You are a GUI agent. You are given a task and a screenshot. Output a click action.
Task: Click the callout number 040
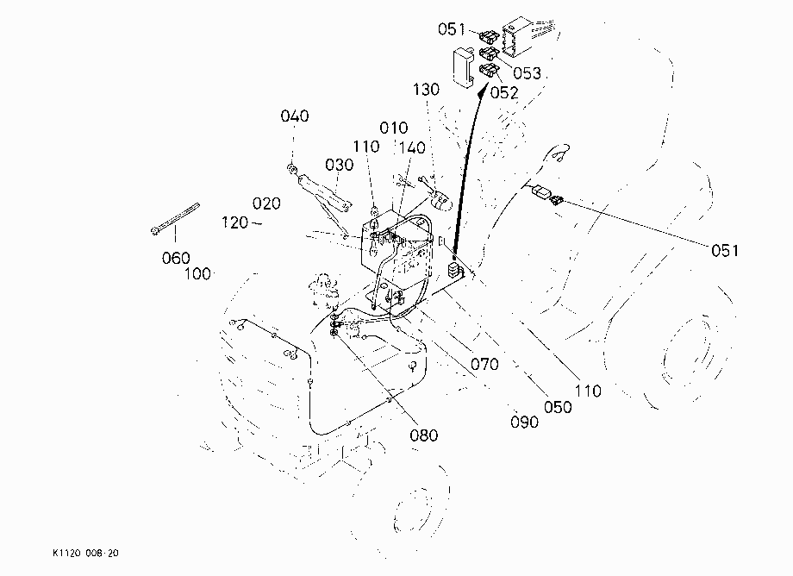(294, 116)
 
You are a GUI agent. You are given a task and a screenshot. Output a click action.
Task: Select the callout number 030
(339, 165)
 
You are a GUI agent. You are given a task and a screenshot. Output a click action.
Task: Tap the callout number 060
(176, 258)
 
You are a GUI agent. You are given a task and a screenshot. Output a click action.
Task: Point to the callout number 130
(426, 90)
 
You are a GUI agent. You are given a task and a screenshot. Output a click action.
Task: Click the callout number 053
(527, 73)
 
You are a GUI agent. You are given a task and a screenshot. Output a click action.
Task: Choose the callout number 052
(504, 93)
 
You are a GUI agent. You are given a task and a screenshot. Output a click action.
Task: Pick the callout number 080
(424, 435)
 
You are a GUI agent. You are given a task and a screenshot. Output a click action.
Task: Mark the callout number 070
(484, 364)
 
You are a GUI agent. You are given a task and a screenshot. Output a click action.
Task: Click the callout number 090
(524, 423)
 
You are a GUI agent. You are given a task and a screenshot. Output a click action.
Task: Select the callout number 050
(558, 407)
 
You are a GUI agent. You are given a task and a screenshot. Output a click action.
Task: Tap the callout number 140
(412, 148)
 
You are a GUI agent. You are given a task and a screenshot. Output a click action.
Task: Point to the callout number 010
(393, 128)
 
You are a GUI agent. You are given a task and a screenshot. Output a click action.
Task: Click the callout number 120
(235, 222)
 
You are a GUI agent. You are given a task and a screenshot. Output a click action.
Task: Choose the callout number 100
(197, 274)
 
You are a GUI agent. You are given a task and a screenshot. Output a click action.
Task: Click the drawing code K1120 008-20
(85, 554)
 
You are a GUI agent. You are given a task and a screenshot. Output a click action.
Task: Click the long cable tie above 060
(175, 218)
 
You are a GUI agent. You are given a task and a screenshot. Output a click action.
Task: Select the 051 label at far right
(725, 251)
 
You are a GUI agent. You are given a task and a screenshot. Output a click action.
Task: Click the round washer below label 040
(292, 169)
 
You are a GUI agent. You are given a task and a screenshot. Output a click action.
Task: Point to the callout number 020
(266, 203)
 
